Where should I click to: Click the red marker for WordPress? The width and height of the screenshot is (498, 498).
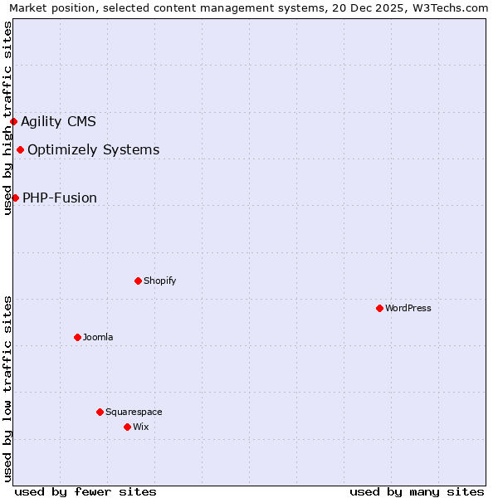(x=379, y=308)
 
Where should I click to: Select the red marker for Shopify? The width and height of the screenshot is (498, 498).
(x=138, y=281)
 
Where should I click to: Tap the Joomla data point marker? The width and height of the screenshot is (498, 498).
(x=77, y=337)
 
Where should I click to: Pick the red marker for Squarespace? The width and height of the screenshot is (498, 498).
(x=100, y=412)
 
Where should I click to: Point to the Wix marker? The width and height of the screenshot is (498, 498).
(x=127, y=427)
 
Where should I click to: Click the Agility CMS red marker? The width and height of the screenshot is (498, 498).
(x=13, y=121)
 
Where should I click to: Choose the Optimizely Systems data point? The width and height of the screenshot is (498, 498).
(x=20, y=149)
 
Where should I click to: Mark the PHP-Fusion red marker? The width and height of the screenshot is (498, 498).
(x=15, y=198)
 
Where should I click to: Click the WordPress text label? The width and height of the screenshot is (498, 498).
(x=408, y=308)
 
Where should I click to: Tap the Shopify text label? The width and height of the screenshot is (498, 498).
(x=160, y=281)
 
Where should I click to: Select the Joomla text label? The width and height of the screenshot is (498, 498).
(x=98, y=337)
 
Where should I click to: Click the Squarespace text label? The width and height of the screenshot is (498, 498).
(x=134, y=412)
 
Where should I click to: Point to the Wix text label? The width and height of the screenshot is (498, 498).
(x=140, y=427)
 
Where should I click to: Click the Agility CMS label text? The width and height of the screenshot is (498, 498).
(x=58, y=122)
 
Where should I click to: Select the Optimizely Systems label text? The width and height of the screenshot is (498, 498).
(x=94, y=150)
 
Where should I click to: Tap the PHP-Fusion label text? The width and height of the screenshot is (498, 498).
(x=60, y=198)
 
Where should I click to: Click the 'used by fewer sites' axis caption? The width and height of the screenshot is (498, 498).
(x=85, y=491)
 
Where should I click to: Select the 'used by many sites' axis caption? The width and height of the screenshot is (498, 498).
(x=417, y=491)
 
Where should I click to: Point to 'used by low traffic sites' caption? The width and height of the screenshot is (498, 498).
(x=8, y=388)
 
